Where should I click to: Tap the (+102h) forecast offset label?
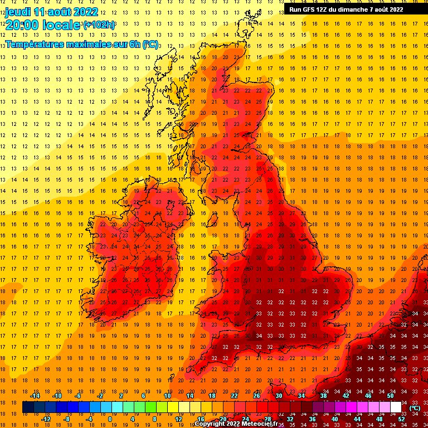pyautogui.click(x=99, y=25)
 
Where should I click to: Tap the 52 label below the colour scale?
pyautogui.click(x=401, y=419)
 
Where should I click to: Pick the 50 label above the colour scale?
pyautogui.click(x=390, y=396)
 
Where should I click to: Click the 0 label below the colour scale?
pyautogui.click(x=110, y=419)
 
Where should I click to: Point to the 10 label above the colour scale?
pyautogui.click(x=167, y=396)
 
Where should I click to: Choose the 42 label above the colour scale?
pyautogui.click(x=346, y=396)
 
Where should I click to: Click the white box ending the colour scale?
pyautogui.click(x=396, y=407)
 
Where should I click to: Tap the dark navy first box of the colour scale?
pyautogui.click(x=27, y=407)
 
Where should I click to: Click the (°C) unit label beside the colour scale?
pyautogui.click(x=414, y=407)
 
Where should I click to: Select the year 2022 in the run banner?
pyautogui.click(x=395, y=9)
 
